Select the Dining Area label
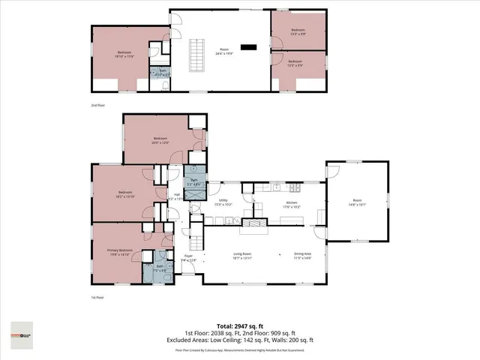pos(302,255)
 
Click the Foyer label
pos(189,258)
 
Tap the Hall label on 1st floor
pos(177,196)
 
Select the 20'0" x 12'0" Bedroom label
pos(160,140)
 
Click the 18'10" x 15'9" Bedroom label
pos(123,54)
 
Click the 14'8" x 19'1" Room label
pos(357,201)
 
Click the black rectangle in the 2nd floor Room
pos(249,47)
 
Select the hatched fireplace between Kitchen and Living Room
pos(257,222)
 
